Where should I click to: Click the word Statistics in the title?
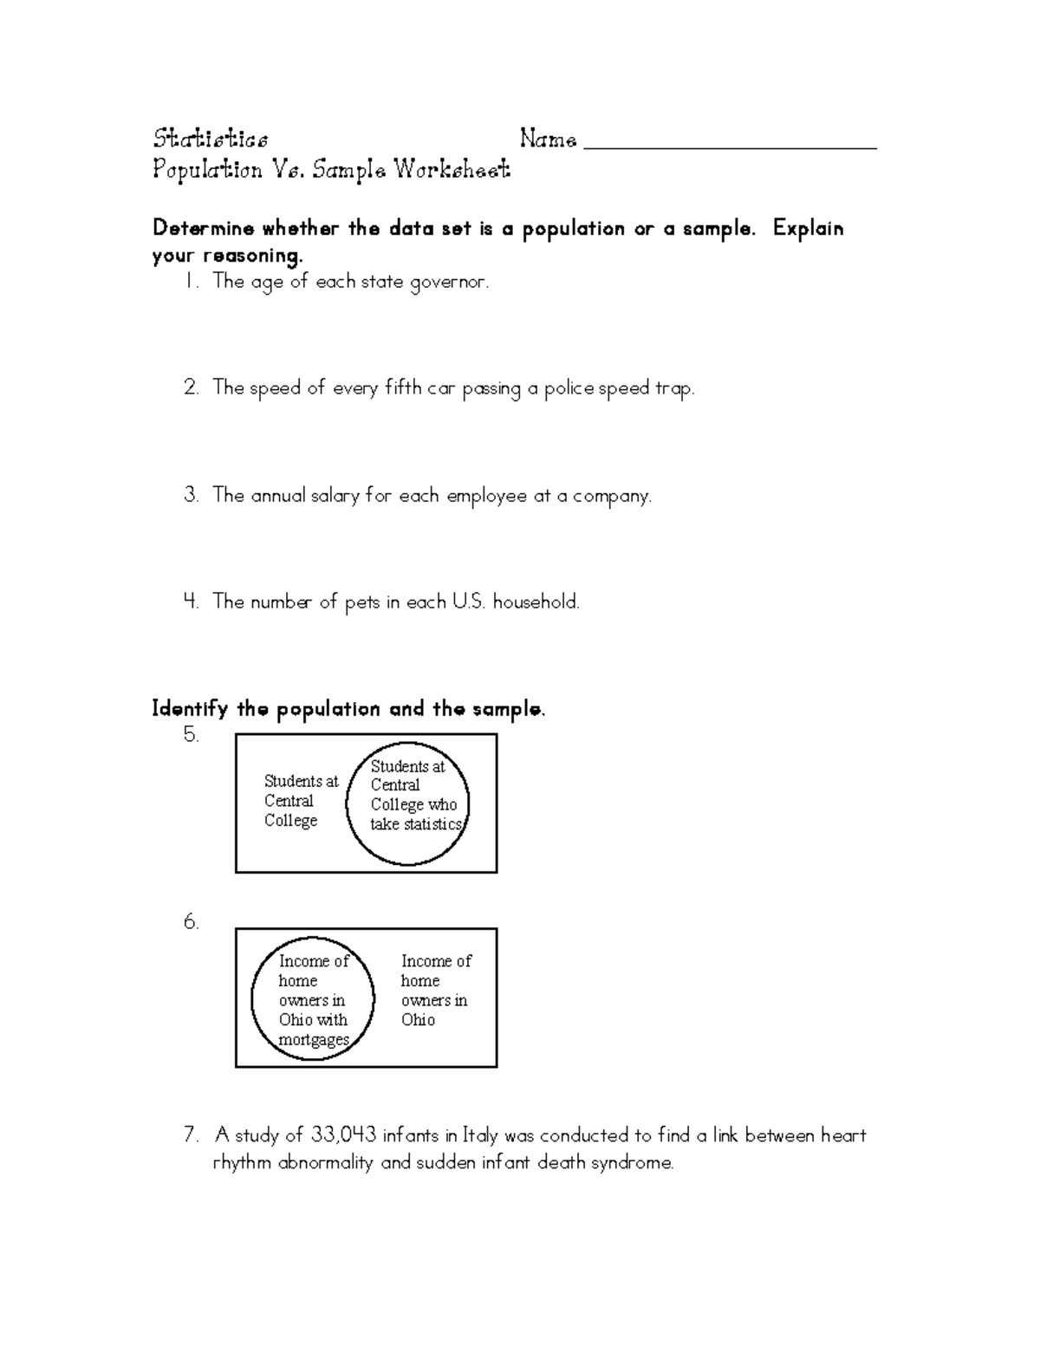pos(211,139)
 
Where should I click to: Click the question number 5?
pos(192,736)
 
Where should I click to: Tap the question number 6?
pos(192,923)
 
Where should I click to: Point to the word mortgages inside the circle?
pos(314,1040)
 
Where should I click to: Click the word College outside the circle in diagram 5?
pos(291,821)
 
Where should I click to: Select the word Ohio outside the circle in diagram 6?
pos(418,1020)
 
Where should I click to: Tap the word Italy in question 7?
pos(480,1135)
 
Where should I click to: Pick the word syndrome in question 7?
pos(632,1163)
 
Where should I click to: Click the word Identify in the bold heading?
pos(190,710)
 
